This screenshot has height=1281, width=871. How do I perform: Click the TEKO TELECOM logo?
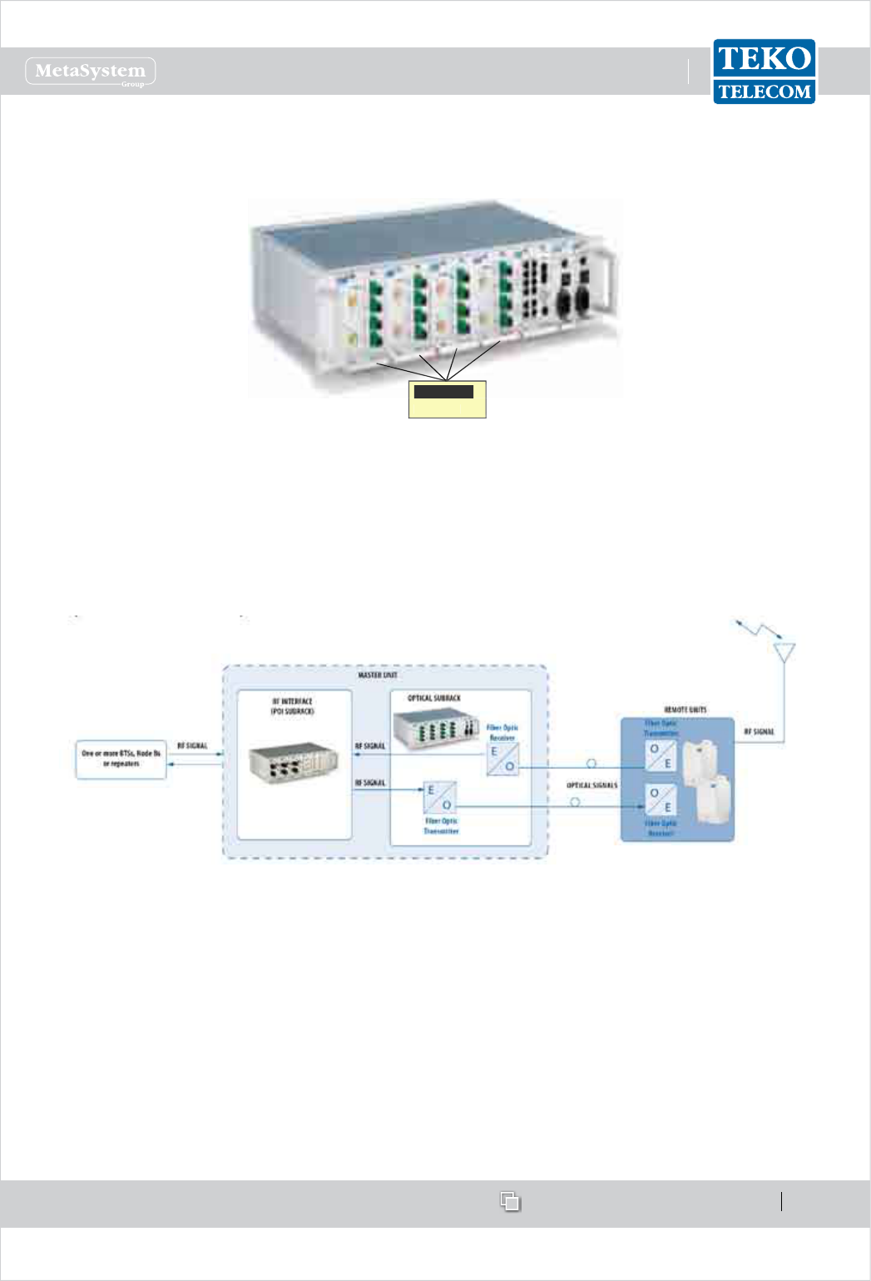tap(764, 72)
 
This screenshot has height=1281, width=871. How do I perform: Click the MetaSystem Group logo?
tap(91, 72)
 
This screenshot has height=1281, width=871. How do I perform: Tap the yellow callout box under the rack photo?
tap(447, 400)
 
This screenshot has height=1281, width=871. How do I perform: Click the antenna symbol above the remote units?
tap(783, 650)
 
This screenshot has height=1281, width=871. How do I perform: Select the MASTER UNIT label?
tap(378, 675)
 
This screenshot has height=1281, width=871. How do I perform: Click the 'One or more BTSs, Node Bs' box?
tap(121, 759)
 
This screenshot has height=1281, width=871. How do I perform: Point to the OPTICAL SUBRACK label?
tap(433, 698)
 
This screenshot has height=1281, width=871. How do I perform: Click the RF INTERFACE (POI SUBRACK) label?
tap(293, 706)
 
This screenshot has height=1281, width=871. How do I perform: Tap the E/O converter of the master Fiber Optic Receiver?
tap(502, 759)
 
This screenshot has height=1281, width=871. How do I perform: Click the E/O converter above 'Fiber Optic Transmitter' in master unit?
tap(439, 798)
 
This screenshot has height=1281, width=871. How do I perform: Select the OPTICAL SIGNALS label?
tap(592, 785)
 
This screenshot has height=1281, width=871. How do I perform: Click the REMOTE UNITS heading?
tap(685, 710)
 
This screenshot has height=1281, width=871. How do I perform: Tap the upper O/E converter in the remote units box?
tap(661, 755)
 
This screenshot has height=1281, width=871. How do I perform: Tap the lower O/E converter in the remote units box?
tap(661, 800)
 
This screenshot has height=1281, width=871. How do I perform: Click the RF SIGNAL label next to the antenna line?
tap(759, 732)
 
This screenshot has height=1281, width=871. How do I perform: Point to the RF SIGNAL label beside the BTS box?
tap(192, 746)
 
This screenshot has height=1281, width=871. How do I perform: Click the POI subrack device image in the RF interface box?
tap(294, 764)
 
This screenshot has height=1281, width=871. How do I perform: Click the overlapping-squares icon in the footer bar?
tap(510, 1201)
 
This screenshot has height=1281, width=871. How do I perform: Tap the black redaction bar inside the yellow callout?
tap(444, 391)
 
